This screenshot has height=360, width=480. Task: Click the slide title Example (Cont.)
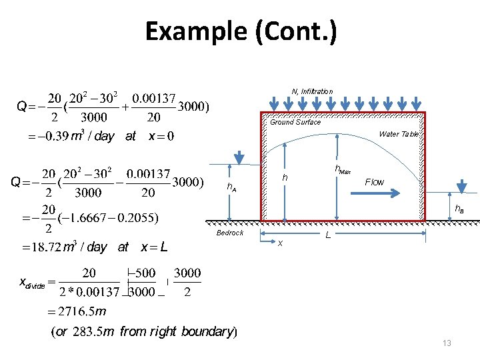click(241, 31)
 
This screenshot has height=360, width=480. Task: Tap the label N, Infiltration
click(312, 91)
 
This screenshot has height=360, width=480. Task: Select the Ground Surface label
click(295, 122)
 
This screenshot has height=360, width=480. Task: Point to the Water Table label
click(399, 134)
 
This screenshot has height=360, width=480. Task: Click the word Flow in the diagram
click(374, 182)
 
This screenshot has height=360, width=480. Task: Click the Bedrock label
click(230, 233)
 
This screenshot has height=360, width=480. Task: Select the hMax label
click(342, 170)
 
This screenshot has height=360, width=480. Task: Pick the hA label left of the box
click(231, 188)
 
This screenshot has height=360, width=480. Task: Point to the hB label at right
click(459, 209)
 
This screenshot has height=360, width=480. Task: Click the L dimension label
click(327, 235)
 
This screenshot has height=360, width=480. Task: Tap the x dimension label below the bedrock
click(280, 243)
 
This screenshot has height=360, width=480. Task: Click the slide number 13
click(447, 343)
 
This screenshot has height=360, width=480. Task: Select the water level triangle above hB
click(463, 182)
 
